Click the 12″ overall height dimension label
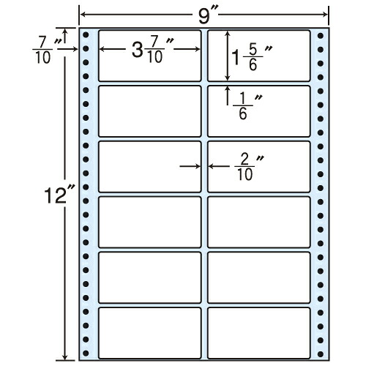(x=58, y=195)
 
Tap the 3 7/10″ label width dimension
(x=152, y=50)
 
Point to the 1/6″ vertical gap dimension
(x=247, y=107)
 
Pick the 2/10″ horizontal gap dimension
(x=249, y=168)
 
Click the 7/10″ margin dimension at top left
(x=46, y=50)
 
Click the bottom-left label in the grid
(x=149, y=333)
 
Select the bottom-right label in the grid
(x=259, y=333)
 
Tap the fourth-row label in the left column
(x=149, y=222)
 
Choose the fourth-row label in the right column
(x=259, y=222)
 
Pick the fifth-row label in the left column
(x=149, y=277)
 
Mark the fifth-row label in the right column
(x=259, y=277)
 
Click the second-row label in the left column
(x=149, y=111)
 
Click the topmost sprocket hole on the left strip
(x=86, y=35)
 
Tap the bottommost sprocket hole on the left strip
(x=86, y=353)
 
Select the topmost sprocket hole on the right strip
(x=321, y=36)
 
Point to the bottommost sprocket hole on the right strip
(x=321, y=354)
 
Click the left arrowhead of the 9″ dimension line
(x=83, y=15)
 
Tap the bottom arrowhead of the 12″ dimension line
(x=65, y=357)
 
